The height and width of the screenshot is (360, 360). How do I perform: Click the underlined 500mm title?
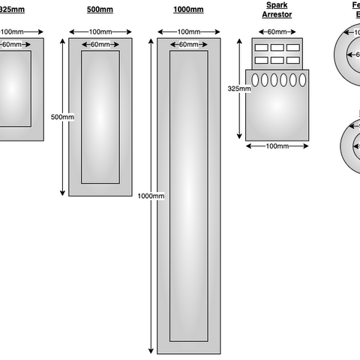[x=100, y=10]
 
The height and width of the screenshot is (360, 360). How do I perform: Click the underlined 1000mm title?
[x=189, y=10]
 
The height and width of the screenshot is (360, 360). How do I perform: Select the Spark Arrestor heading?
[x=276, y=10]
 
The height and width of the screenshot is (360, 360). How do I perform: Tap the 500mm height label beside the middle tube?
[x=62, y=117]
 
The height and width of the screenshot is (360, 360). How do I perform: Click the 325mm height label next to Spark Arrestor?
[x=239, y=88]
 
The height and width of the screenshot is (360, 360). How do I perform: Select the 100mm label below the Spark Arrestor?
[x=276, y=145]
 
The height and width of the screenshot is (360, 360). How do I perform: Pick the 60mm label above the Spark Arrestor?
[x=277, y=31]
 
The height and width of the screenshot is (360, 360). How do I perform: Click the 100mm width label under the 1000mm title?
[x=189, y=31]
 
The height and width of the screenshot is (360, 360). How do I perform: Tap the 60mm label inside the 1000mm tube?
[x=189, y=45]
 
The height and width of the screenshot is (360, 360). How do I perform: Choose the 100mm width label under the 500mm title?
[x=100, y=31]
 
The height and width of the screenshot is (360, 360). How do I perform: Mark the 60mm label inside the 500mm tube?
[x=100, y=45]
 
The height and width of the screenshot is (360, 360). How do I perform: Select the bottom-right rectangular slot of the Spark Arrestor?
[x=293, y=60]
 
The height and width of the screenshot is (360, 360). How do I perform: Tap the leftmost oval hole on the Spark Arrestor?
[x=254, y=79]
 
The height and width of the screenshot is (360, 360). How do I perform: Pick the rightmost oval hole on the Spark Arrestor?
[x=303, y=79]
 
